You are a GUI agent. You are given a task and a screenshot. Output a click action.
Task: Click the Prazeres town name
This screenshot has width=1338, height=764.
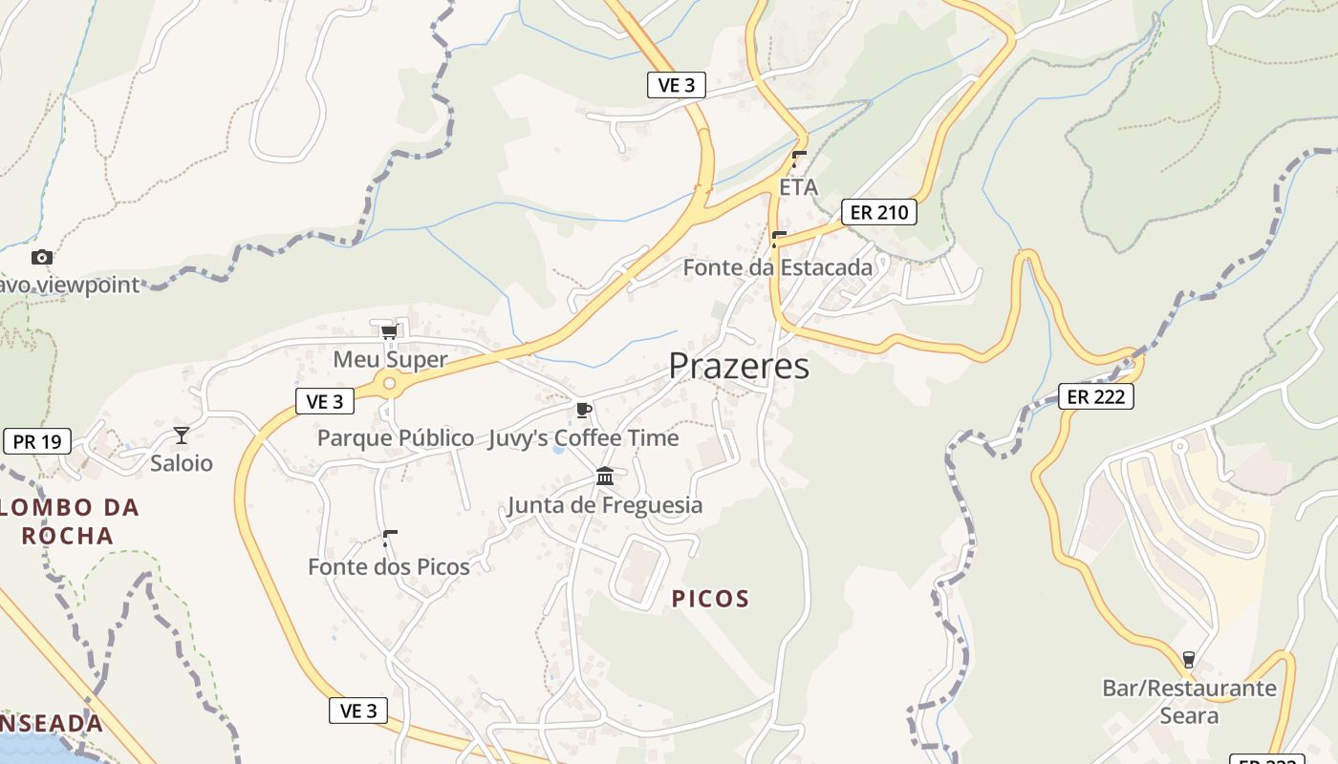point(739,366)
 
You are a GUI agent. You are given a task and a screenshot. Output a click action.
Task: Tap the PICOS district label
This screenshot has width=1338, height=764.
point(710,599)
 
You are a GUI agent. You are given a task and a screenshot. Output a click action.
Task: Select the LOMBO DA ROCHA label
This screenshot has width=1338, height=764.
point(68,520)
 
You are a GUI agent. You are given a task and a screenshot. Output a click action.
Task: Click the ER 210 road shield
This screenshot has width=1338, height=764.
point(878,212)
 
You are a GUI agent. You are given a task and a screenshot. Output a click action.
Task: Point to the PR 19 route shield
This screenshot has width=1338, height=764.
point(37,441)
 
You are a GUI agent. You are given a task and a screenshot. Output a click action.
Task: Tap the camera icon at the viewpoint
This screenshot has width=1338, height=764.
point(41,257)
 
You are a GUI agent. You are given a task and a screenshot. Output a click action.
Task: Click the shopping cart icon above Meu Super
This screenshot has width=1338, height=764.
point(389,332)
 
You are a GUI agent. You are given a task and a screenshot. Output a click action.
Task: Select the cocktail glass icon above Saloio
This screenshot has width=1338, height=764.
point(182,435)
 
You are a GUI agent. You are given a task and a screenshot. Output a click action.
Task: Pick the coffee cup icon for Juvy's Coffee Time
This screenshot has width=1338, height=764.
point(584,411)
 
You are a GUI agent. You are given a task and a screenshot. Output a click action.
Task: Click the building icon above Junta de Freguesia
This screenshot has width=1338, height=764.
point(605,476)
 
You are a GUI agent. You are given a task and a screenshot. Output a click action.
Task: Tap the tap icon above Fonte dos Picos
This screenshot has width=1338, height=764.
point(389,538)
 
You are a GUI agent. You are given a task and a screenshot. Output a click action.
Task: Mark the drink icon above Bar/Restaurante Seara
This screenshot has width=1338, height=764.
point(1189,659)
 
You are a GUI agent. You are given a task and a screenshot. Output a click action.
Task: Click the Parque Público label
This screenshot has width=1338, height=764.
point(396,438)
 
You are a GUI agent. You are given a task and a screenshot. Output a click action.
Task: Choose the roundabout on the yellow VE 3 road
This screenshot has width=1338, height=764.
point(389,384)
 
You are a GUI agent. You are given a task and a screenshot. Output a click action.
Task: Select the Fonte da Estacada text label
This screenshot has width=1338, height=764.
point(777,267)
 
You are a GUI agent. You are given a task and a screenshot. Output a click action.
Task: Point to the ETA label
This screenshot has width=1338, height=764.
point(799,187)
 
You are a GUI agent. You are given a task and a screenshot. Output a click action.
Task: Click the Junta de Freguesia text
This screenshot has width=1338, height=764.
point(605,505)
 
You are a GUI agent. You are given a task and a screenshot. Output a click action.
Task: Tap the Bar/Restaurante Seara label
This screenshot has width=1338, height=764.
point(1189,702)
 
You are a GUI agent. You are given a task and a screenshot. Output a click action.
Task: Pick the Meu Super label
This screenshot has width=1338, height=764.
point(390,360)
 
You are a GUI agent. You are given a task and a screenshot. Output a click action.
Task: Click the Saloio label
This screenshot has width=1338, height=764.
point(182,464)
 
